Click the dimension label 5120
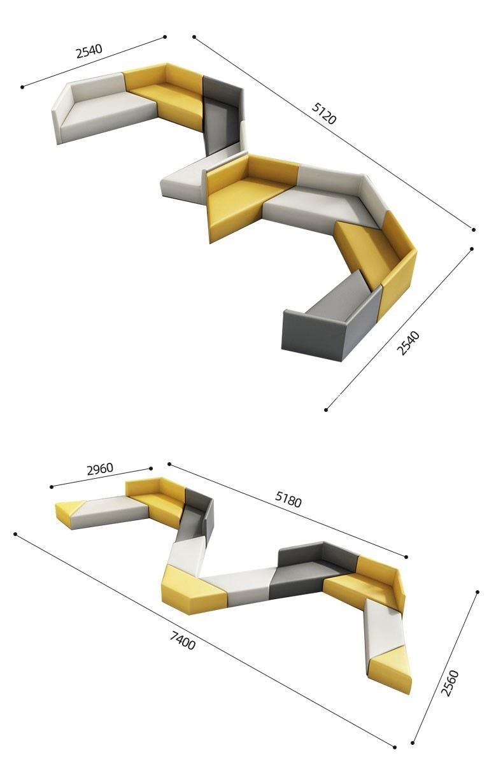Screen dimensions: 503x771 (x=323, y=113)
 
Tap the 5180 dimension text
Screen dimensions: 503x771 (x=288, y=499)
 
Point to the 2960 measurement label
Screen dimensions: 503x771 (x=99, y=469)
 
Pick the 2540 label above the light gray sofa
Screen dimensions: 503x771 (x=89, y=51)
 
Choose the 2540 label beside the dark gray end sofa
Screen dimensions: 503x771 (x=408, y=343)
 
